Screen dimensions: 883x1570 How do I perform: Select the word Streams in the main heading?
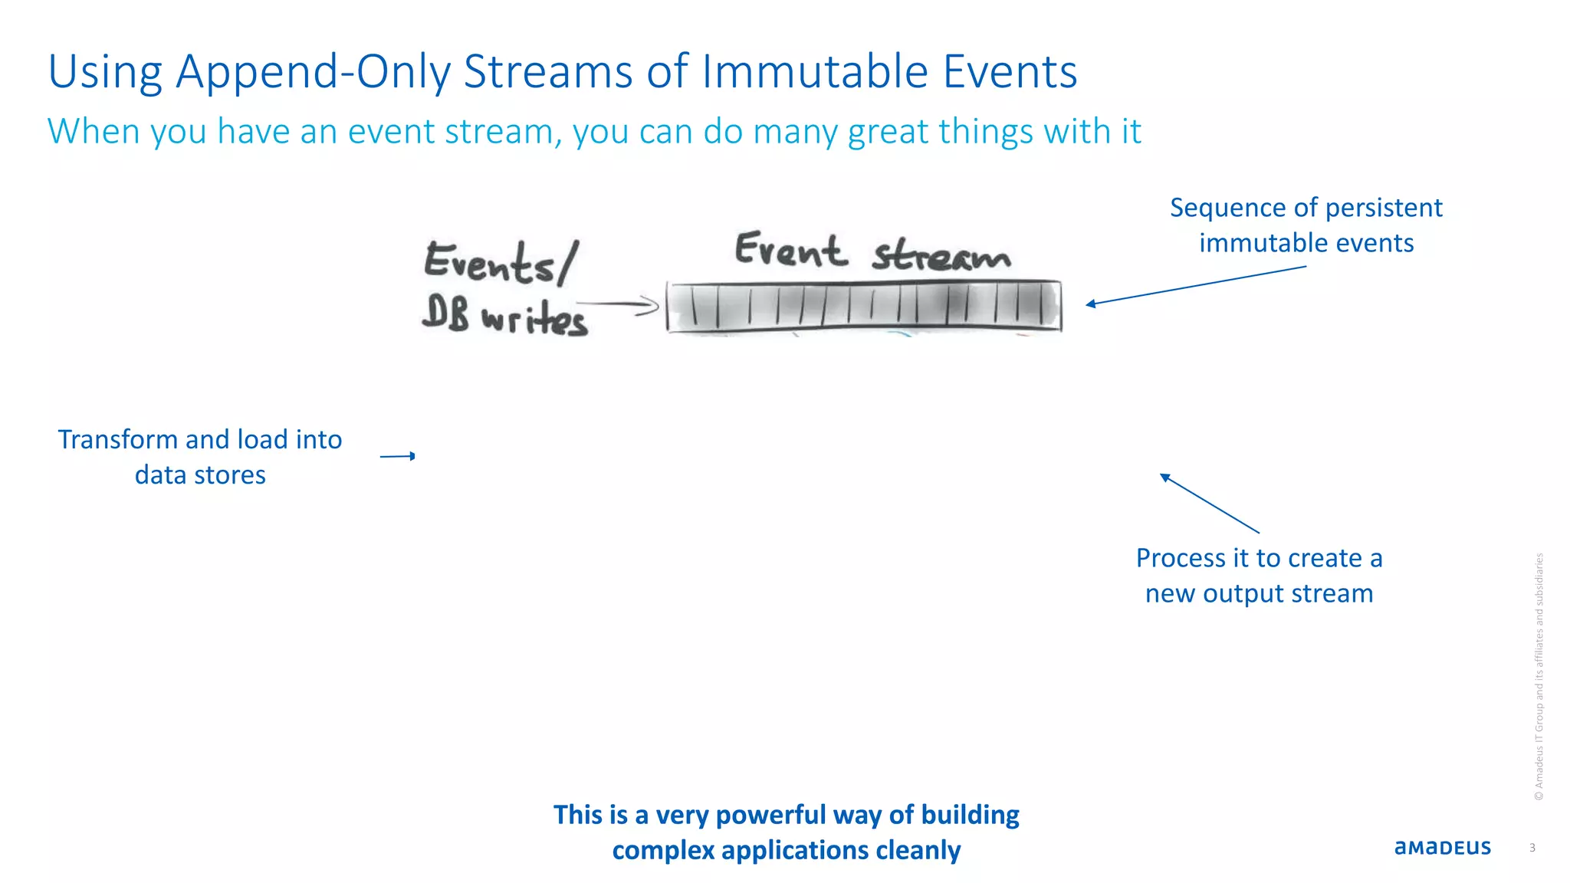[549, 71]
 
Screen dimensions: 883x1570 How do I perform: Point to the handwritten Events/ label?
[499, 261]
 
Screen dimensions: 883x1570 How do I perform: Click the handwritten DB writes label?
[505, 316]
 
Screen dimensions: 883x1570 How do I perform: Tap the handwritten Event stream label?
[872, 251]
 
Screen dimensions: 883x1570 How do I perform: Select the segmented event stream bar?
[864, 307]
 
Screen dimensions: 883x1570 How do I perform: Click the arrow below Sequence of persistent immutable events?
[1196, 286]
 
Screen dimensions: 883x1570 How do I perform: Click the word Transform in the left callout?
[117, 440]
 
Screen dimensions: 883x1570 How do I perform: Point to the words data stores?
[200, 475]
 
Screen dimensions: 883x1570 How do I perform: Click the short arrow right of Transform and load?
[397, 456]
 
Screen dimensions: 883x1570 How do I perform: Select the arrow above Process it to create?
[1209, 503]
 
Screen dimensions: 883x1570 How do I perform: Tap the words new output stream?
[1259, 593]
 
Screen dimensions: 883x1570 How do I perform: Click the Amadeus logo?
[1442, 848]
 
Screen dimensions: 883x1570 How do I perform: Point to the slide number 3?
[1532, 848]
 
